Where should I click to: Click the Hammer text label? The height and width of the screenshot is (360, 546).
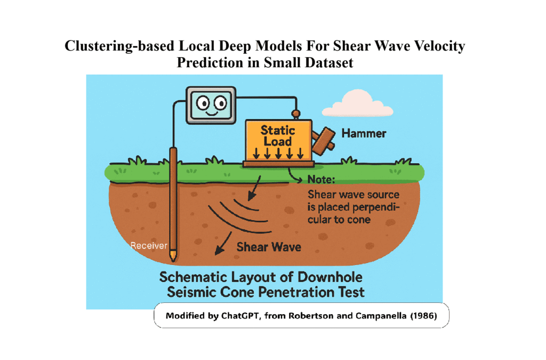pos(364,134)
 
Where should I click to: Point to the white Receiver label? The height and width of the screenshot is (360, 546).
pos(149,246)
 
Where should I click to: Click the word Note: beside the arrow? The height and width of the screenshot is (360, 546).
pos(321,180)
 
